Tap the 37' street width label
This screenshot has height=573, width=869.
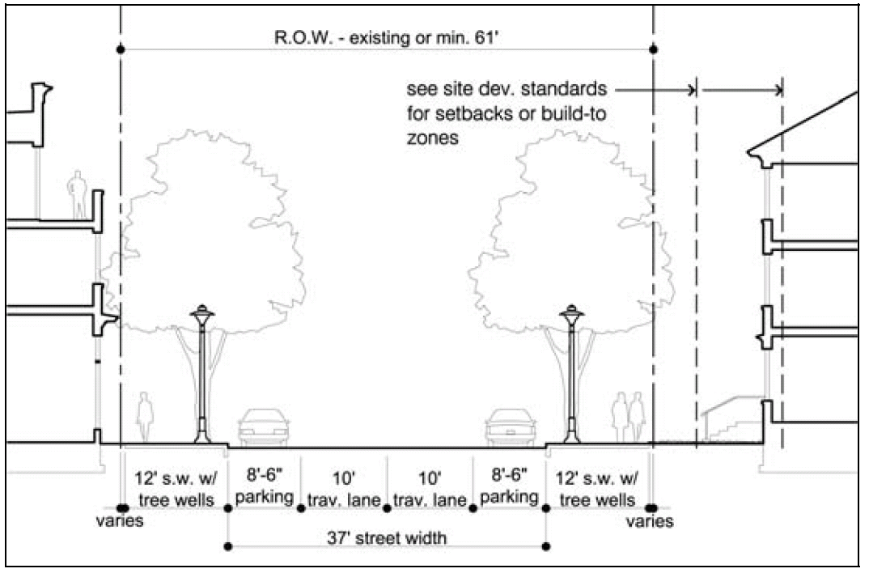coord(386,537)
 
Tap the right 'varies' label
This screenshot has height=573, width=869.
coord(650,522)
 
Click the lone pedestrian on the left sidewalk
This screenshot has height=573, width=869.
coord(146,417)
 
